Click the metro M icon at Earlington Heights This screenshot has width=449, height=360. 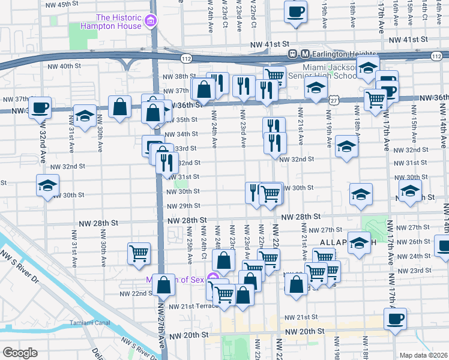tap(305, 53)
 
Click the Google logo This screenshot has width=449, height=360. tap(20, 352)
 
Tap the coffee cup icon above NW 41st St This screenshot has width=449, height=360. tap(295, 11)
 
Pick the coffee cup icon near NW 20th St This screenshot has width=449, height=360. tap(395, 319)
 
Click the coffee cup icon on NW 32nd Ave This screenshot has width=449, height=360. tap(40, 107)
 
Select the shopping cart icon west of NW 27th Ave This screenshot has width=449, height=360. tap(139, 253)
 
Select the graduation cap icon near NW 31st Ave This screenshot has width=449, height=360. tap(85, 116)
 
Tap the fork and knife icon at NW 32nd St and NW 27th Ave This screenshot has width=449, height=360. tap(167, 161)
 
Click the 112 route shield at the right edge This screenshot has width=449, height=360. tap(436, 55)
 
